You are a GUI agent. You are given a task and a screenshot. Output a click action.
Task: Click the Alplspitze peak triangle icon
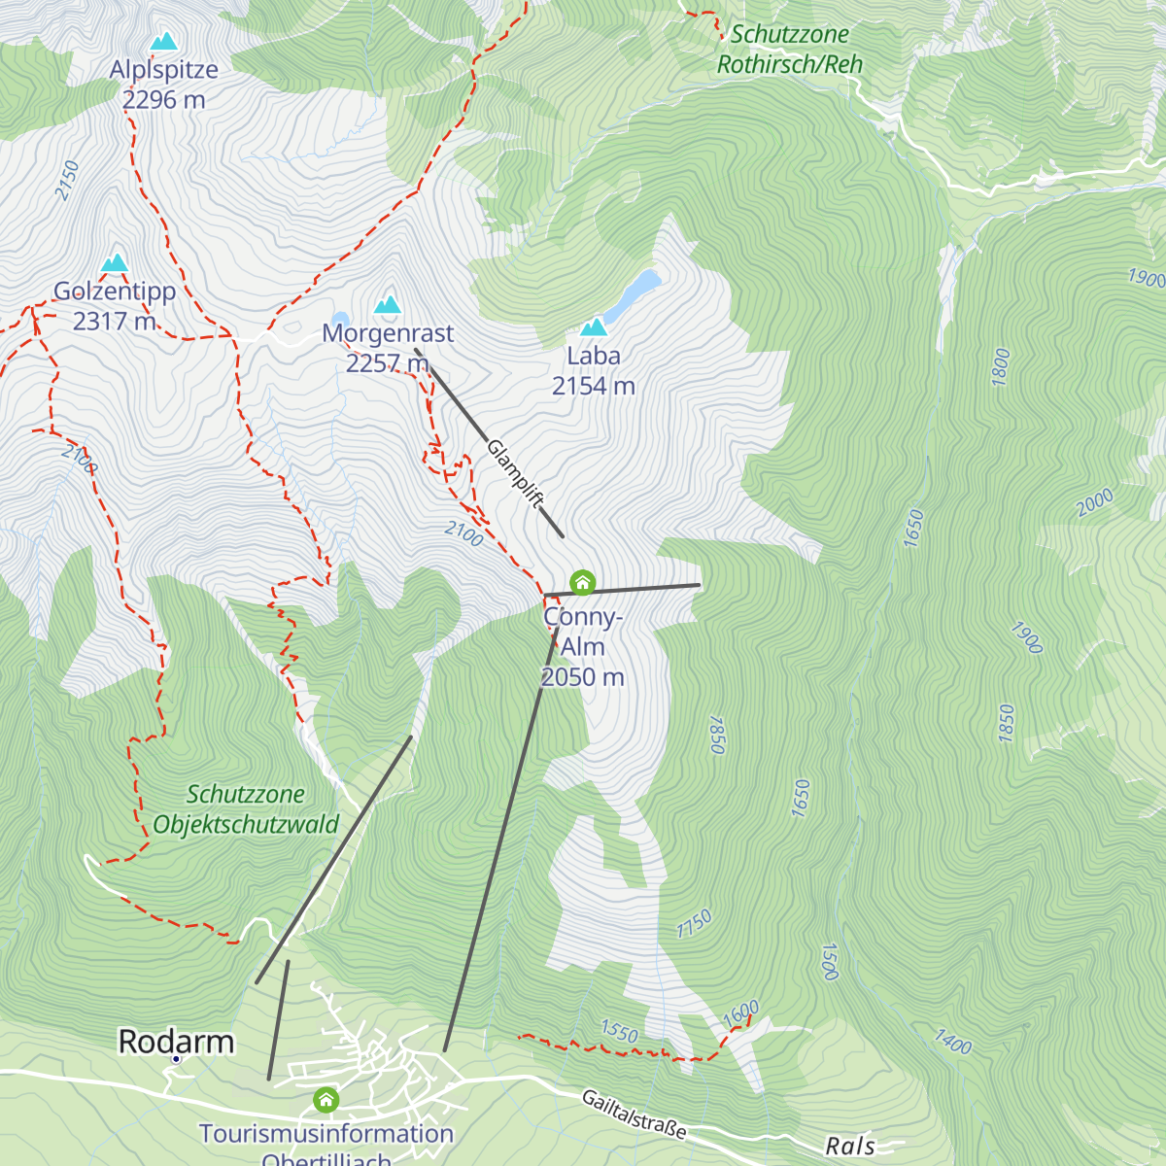click(x=163, y=42)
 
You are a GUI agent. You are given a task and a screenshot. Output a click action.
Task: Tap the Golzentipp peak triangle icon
click(x=115, y=263)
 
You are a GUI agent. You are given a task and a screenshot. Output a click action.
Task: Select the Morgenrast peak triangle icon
click(x=389, y=305)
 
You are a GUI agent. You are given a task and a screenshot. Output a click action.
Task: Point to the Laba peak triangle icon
click(x=593, y=327)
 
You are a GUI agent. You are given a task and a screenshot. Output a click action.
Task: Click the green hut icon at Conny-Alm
click(x=582, y=583)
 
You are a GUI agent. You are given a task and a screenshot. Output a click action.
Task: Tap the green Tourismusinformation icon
click(x=326, y=1100)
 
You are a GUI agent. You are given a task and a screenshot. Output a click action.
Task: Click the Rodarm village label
click(x=176, y=1042)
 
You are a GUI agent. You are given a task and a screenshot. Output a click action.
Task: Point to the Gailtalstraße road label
click(x=634, y=1114)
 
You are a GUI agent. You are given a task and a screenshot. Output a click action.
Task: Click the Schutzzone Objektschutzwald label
click(x=246, y=809)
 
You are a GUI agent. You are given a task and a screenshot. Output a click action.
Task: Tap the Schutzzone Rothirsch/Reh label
click(x=790, y=50)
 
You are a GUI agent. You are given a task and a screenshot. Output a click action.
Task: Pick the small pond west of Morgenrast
click(x=339, y=320)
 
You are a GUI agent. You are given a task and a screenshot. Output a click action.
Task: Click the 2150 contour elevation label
click(x=67, y=181)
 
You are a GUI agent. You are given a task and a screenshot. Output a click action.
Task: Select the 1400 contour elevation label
click(x=952, y=1042)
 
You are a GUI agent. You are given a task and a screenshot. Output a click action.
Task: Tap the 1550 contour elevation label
click(x=619, y=1031)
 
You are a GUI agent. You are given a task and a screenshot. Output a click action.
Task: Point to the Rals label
click(x=850, y=1147)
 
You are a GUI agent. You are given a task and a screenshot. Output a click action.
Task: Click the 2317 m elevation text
click(x=115, y=321)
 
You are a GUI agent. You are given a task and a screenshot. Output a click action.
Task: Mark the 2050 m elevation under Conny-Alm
click(x=582, y=677)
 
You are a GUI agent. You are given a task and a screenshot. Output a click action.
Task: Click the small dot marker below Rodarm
click(x=176, y=1059)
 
